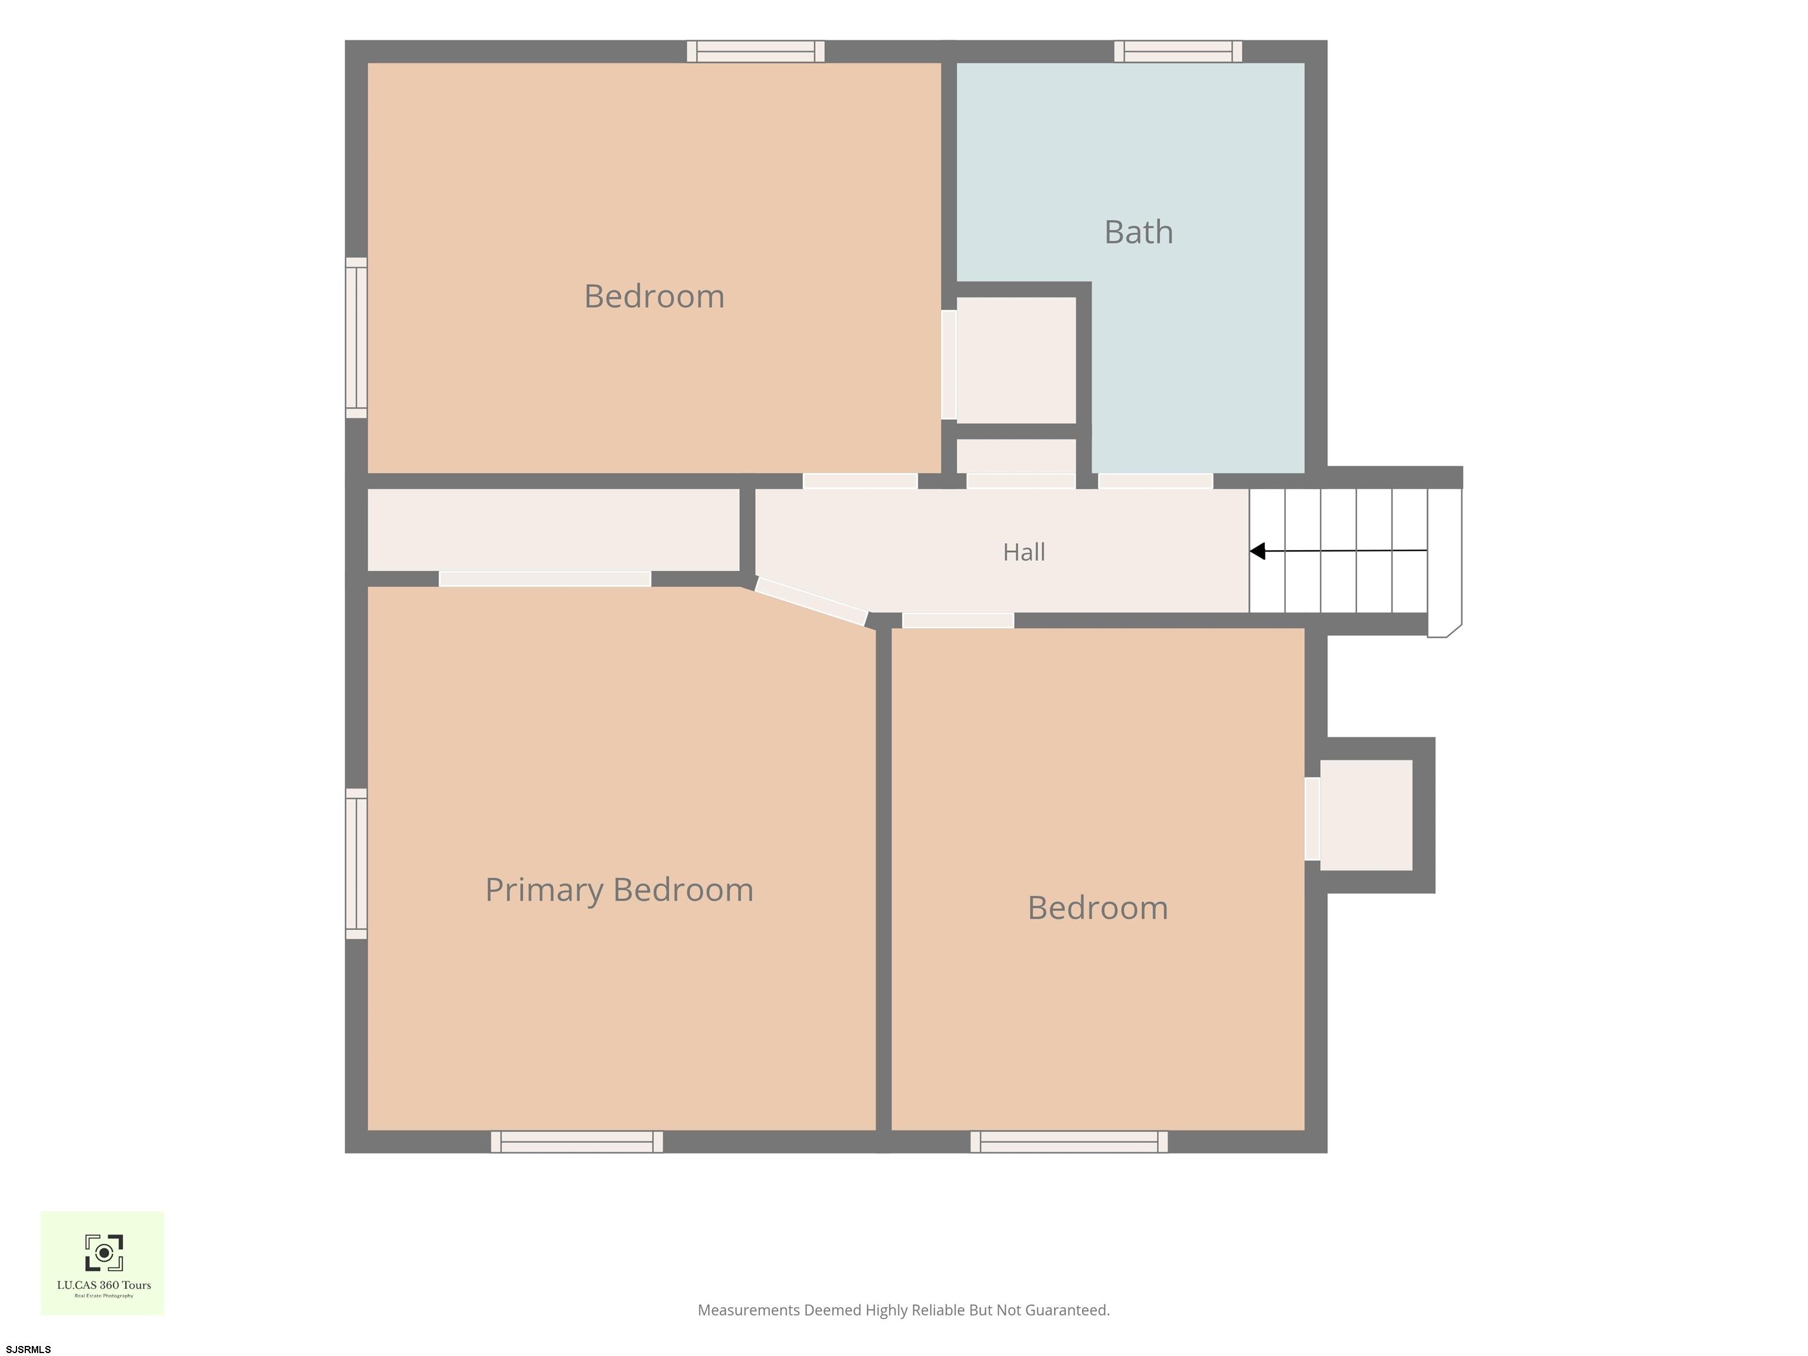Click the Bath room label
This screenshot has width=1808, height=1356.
tap(1139, 232)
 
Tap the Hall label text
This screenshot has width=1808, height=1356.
tap(1024, 553)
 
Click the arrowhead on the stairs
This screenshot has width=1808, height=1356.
tap(1258, 551)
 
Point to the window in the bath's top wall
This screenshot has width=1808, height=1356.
tap(1178, 51)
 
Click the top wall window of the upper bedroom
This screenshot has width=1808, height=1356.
tap(755, 51)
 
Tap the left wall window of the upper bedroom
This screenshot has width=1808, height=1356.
tap(357, 338)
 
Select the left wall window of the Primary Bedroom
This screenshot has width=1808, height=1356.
tap(357, 863)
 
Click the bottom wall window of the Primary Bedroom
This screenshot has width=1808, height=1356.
tap(577, 1142)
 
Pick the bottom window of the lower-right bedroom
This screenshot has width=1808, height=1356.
tap(1069, 1142)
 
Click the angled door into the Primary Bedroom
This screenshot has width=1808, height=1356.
tap(812, 601)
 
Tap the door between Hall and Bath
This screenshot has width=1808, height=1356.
tap(1155, 481)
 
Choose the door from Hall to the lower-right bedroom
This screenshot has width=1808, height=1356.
tap(958, 620)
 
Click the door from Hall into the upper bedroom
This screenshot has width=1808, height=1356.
tap(860, 481)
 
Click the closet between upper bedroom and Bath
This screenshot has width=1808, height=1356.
tap(1016, 360)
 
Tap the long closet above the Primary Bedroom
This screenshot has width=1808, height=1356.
tap(553, 530)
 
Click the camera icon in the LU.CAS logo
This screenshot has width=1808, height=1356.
tap(104, 1253)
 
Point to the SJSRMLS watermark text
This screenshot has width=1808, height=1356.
tap(29, 1350)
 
